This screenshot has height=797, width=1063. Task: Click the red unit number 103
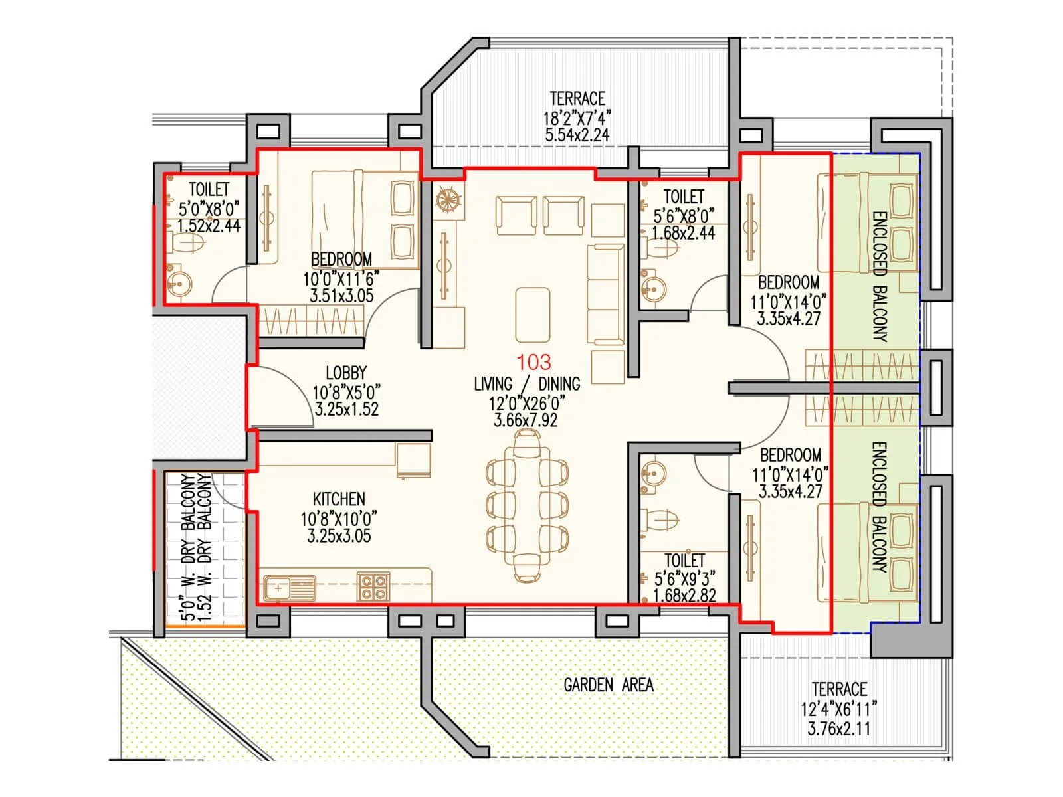click(x=534, y=362)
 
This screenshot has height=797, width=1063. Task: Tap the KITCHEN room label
click(x=339, y=499)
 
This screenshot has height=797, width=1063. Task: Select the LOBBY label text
click(x=345, y=373)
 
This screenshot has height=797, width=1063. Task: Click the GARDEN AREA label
click(x=608, y=685)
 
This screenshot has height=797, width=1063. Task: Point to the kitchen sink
click(x=289, y=588)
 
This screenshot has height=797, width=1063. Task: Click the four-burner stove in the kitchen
click(x=373, y=586)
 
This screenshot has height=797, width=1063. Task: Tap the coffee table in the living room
click(x=532, y=314)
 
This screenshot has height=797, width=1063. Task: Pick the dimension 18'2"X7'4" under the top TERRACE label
click(x=577, y=118)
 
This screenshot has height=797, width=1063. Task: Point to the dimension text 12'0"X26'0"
click(x=526, y=402)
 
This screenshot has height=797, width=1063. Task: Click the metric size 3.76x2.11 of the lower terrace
click(x=838, y=729)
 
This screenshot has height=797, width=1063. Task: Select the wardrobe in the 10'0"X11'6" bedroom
click(x=311, y=322)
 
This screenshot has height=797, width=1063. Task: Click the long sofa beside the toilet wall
click(x=605, y=294)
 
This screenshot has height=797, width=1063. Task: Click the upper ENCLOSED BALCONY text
click(x=878, y=276)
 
